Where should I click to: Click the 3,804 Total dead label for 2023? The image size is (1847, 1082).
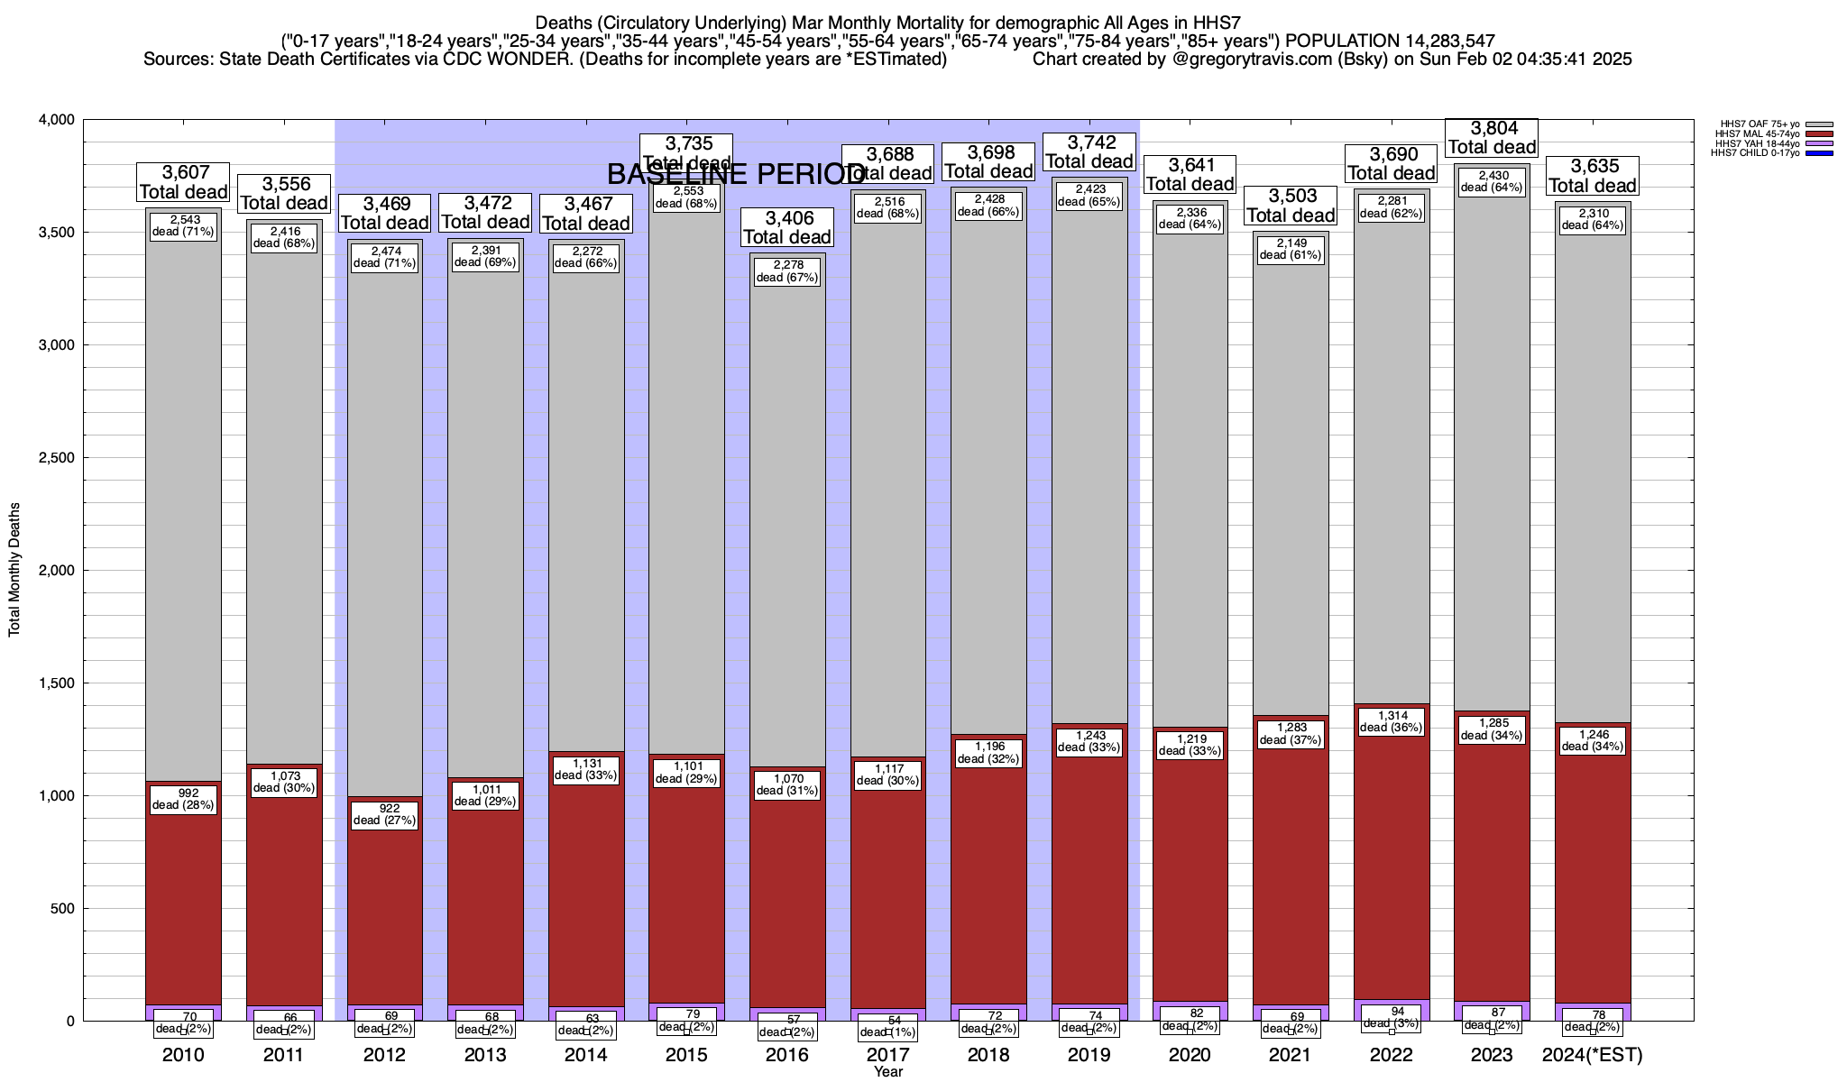1492,138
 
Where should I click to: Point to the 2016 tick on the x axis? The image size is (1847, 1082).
787,1055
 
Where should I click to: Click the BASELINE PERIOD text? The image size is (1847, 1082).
735,174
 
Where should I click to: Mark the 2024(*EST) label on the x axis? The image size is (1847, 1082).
1593,1055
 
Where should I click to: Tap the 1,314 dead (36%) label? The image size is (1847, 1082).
1392,721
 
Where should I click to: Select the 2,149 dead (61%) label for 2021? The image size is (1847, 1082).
1291,249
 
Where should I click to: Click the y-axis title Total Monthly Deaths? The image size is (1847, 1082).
14,570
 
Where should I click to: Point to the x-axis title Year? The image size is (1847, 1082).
888,1072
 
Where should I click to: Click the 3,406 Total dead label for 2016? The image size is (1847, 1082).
787,227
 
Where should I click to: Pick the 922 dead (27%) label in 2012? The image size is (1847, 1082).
384,814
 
